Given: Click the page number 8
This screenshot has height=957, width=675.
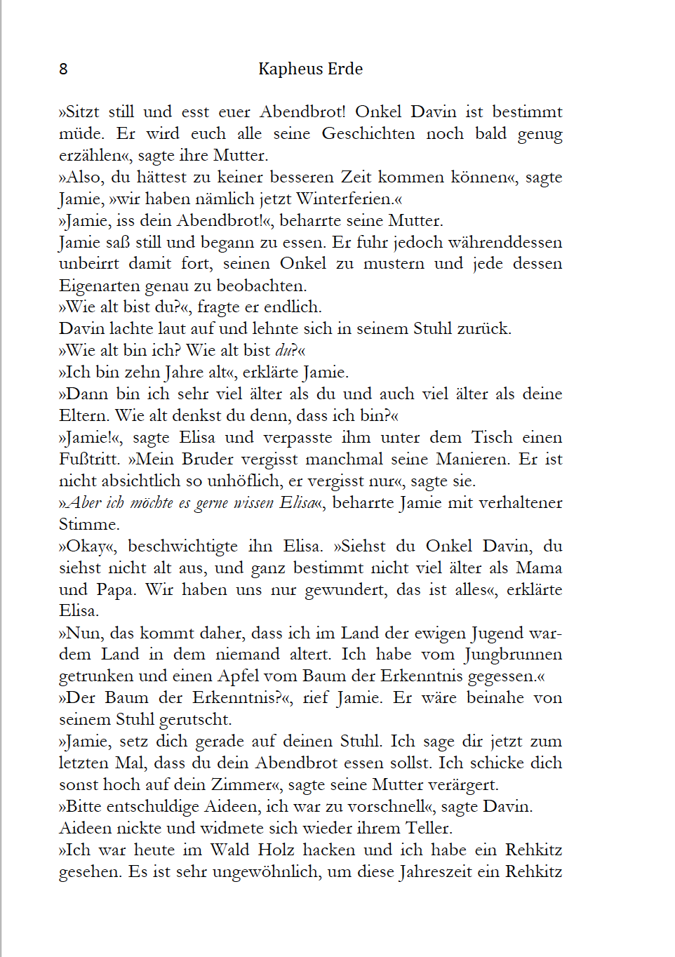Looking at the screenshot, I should point(63,69).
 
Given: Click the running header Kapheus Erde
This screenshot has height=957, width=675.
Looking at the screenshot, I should point(310,69).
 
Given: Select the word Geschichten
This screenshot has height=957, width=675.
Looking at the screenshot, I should point(368,133).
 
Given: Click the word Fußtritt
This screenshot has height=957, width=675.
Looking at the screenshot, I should point(89,459).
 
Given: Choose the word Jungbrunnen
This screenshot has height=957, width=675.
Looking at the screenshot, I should point(513,654).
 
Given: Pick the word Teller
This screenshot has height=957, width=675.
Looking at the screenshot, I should point(428,828).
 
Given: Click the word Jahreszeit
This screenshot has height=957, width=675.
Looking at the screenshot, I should point(433,871).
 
